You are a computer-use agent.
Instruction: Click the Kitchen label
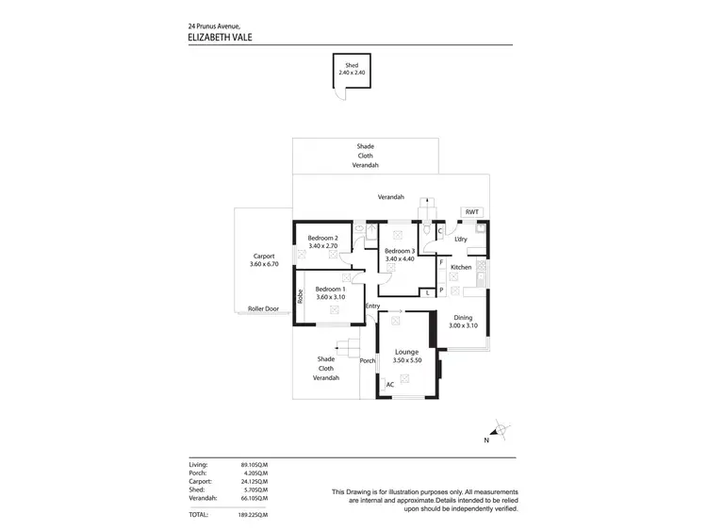(461, 268)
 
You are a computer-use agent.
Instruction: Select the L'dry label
(461, 240)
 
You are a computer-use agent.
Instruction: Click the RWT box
(471, 212)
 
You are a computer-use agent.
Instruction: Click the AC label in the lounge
(390, 385)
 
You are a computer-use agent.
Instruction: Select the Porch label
(368, 360)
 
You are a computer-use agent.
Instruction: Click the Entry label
(372, 306)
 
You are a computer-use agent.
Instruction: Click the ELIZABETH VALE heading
(222, 38)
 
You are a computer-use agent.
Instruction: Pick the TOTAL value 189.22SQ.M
(253, 514)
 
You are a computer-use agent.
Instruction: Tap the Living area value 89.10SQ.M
(255, 466)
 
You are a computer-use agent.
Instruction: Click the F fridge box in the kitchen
(441, 261)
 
